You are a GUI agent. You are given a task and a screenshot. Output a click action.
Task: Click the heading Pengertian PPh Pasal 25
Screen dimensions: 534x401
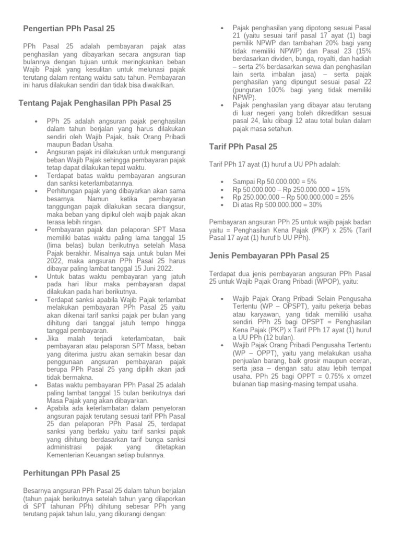pyautogui.click(x=69, y=29)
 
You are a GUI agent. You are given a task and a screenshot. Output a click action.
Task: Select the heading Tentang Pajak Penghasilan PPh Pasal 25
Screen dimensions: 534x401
pyautogui.click(x=95, y=103)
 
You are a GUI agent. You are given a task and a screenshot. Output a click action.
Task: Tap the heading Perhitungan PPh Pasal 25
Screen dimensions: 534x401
pyautogui.click(x=72, y=473)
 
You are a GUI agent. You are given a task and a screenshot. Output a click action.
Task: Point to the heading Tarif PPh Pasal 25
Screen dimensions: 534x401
pyautogui.click(x=243, y=147)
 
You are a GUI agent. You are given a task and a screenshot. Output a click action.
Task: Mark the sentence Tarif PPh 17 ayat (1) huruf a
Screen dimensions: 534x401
pyautogui.click(x=257, y=164)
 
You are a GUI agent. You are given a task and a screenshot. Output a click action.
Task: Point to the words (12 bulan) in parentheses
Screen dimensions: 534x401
pyautogui.click(x=272, y=337)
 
